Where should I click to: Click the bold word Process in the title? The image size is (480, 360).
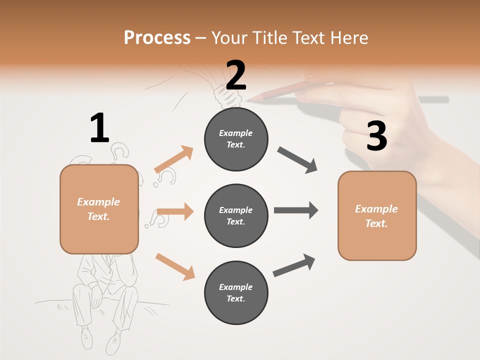157,37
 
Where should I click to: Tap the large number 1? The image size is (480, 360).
99,128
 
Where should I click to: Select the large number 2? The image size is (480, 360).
236,75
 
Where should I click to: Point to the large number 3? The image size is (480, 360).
376,136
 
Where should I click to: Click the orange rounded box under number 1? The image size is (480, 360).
99,209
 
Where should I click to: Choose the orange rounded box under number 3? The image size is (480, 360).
377,215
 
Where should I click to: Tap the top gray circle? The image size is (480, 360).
236,139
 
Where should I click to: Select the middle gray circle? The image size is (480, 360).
236,215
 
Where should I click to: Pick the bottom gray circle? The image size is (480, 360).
236,292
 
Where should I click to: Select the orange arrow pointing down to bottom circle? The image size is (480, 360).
175,266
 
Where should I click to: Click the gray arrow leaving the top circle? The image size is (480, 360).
297,160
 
